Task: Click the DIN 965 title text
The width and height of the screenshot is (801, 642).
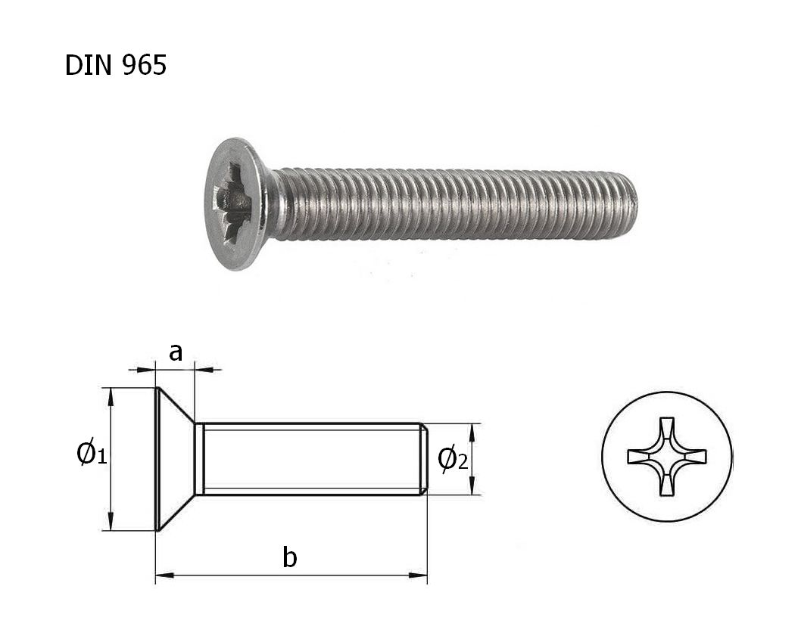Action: pyautogui.click(x=115, y=65)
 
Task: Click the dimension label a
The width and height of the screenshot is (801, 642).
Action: pyautogui.click(x=175, y=352)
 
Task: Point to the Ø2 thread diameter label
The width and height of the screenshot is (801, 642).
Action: pyautogui.click(x=453, y=460)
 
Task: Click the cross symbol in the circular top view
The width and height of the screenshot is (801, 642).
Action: pyautogui.click(x=667, y=456)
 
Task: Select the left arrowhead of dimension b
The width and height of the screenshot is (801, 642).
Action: pyautogui.click(x=164, y=575)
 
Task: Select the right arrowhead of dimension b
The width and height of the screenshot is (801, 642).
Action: pyautogui.click(x=419, y=575)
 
